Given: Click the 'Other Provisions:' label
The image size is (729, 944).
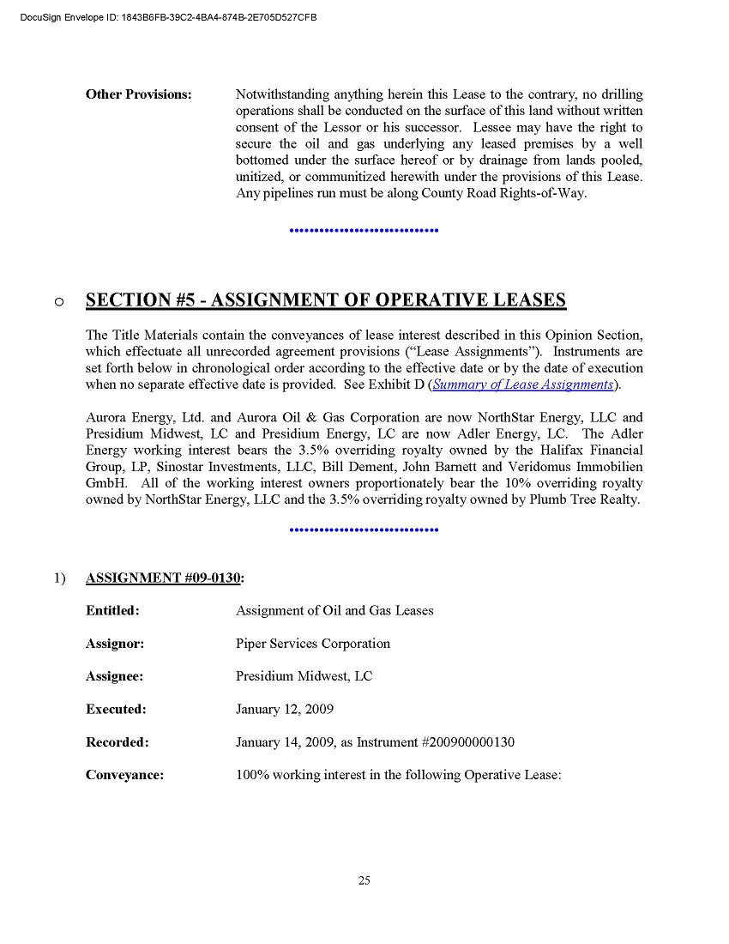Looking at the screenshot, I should [138, 94].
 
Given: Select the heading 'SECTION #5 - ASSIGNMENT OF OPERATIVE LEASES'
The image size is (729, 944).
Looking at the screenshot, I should [326, 300].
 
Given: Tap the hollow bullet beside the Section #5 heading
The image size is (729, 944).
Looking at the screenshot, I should [57, 301].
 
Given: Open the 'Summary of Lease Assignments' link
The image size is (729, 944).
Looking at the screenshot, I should [523, 384].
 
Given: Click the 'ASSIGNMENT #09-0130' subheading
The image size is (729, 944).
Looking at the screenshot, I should [163, 578].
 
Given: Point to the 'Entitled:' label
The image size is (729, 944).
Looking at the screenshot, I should [112, 611].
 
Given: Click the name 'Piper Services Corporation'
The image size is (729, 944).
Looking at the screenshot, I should [313, 644].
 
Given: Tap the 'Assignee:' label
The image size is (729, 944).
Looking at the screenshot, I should [114, 676].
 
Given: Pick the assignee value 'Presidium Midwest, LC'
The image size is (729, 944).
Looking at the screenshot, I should [304, 676].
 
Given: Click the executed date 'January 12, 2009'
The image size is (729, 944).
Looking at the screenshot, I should [285, 710].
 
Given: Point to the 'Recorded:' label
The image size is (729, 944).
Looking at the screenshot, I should [117, 742].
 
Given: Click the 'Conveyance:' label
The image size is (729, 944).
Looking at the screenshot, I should [124, 775].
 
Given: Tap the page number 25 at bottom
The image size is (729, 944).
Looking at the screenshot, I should [364, 880].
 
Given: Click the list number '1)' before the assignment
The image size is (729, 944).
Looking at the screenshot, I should [59, 578].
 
